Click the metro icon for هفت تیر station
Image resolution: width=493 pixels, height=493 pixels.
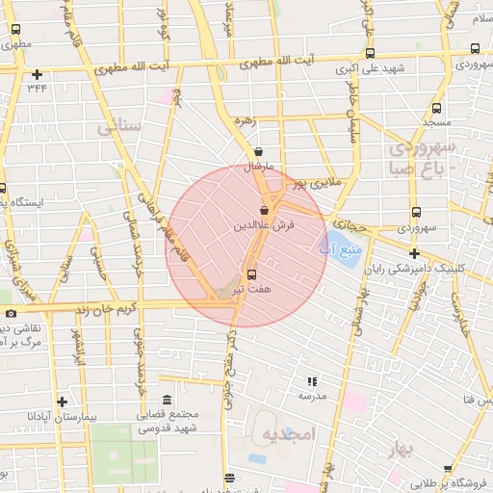pyautogui.click(x=252, y=274)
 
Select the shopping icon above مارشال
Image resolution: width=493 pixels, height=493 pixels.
pyautogui.click(x=259, y=152)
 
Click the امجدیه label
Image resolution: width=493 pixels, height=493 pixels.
pyautogui.click(x=289, y=435)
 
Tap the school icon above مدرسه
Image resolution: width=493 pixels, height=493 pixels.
pyautogui.click(x=311, y=382)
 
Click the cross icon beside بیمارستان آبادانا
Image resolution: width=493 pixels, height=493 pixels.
pyautogui.click(x=63, y=402)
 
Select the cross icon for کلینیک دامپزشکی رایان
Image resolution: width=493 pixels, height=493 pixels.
pyautogui.click(x=414, y=254)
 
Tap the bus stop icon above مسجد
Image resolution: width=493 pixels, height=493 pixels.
pyautogui.click(x=437, y=109)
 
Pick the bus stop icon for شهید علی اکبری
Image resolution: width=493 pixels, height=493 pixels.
pyautogui.click(x=370, y=55)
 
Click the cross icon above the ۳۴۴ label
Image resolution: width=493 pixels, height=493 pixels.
pyautogui.click(x=37, y=74)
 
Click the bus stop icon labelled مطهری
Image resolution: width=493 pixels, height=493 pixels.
pyautogui.click(x=14, y=30)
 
